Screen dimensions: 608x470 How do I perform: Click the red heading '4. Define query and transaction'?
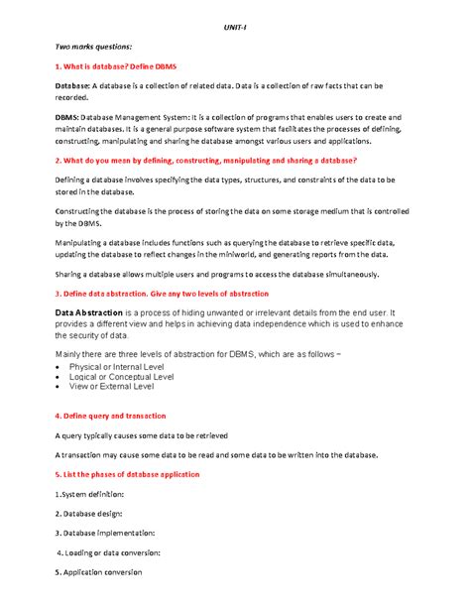click(109, 416)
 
